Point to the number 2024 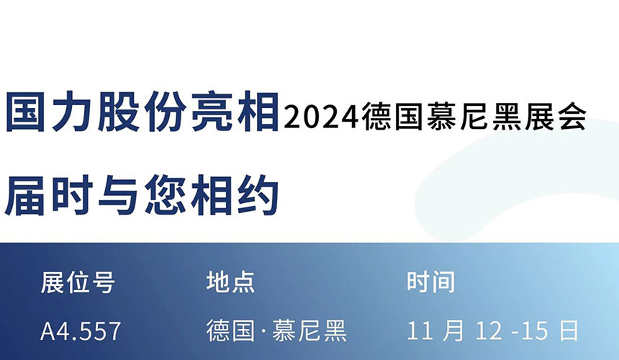(x=322, y=115)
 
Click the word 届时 (x=51, y=194)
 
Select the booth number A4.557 (x=81, y=331)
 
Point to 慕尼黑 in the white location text (x=310, y=331)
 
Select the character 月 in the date (x=454, y=331)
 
